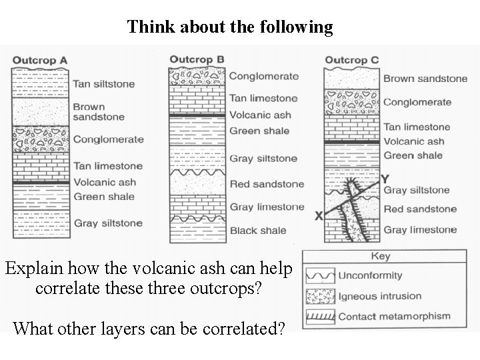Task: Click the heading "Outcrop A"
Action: click(40, 60)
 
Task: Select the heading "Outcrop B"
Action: click(197, 59)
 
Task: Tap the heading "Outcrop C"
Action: click(352, 60)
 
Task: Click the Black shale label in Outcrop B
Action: click(258, 231)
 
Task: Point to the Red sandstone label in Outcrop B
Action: click(267, 184)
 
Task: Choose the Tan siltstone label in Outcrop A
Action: click(103, 84)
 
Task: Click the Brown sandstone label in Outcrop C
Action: click(425, 78)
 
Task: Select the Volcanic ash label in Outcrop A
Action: click(105, 182)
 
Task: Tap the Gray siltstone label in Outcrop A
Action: click(108, 223)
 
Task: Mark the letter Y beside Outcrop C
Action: click(385, 179)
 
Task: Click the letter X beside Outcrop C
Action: click(319, 216)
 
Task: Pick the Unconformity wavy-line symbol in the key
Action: click(319, 275)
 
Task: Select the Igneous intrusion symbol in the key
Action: click(319, 296)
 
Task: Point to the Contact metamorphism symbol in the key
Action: click(319, 317)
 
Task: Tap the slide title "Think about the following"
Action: click(230, 27)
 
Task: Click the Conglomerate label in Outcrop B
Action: click(264, 76)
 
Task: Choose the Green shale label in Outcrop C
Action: click(413, 155)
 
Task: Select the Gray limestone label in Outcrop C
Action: click(420, 230)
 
